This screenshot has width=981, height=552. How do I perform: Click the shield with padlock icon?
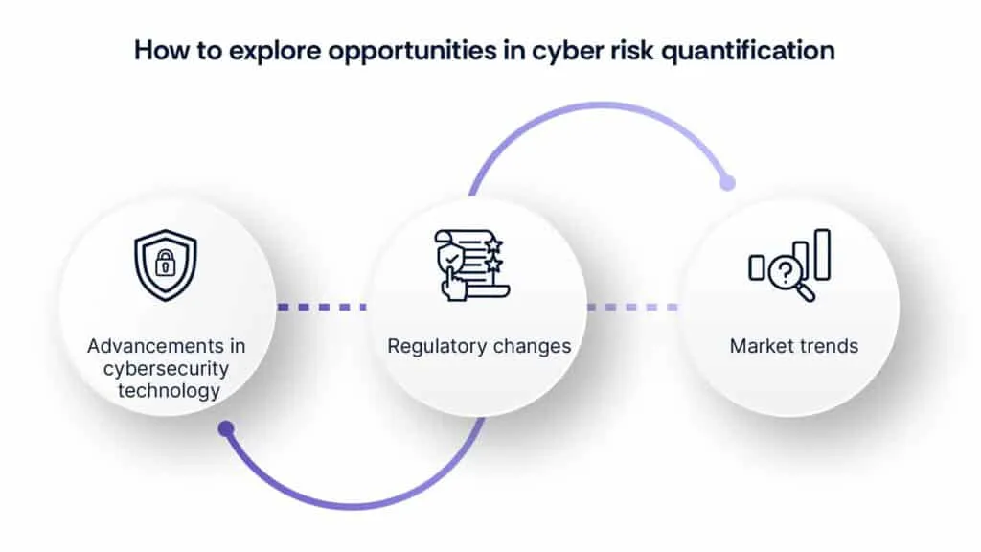point(165,265)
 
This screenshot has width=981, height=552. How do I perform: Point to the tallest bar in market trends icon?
point(822,254)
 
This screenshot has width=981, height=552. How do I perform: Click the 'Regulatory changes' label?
point(479,346)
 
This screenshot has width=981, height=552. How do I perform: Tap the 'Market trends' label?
point(794,346)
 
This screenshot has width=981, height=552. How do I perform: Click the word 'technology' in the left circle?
point(169,390)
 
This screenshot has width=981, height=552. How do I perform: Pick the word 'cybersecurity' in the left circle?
point(169,369)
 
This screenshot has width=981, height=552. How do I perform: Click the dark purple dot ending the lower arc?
point(226,428)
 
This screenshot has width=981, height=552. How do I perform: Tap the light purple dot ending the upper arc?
point(727,182)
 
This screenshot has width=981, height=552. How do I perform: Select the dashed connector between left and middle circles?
point(323,307)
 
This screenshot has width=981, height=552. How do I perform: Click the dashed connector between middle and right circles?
point(633,307)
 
